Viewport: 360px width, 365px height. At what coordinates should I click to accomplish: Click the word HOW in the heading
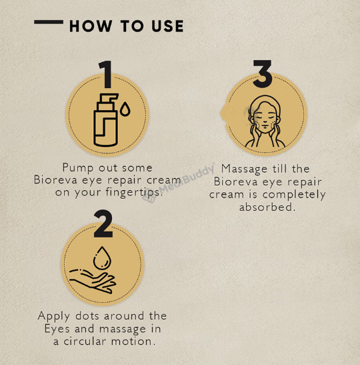[x=91, y=26]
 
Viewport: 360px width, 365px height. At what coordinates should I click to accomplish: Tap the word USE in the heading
[x=167, y=26]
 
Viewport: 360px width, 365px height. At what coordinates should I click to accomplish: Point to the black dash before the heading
[x=49, y=22]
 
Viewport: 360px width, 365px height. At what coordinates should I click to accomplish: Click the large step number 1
[x=106, y=75]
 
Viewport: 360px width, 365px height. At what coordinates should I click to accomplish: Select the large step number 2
[x=103, y=224]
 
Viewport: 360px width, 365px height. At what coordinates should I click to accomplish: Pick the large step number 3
[x=262, y=74]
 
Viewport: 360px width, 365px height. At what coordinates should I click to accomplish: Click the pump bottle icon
[x=106, y=120]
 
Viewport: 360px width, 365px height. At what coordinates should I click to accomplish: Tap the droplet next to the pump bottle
[x=125, y=109]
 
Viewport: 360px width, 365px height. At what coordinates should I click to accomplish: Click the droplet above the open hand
[x=102, y=258]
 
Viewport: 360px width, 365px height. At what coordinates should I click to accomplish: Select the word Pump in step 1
[x=78, y=168]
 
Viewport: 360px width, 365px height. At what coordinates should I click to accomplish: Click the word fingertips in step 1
[x=134, y=193]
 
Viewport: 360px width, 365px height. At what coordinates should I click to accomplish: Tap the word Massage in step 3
[x=244, y=169]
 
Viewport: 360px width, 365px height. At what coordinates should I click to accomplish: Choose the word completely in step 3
[x=294, y=195]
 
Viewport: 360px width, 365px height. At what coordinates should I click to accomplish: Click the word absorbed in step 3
[x=267, y=207]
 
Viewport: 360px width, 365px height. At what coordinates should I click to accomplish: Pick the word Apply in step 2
[x=54, y=316]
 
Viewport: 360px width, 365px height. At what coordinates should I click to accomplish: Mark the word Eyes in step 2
[x=57, y=329]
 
